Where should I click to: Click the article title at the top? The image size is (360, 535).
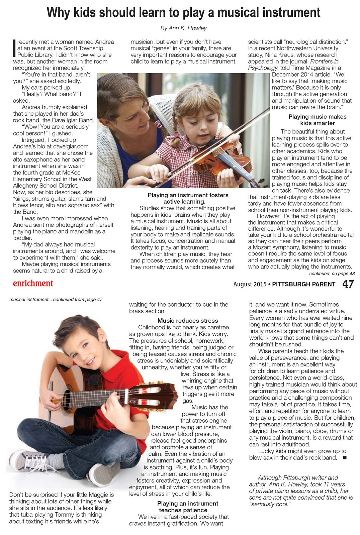click(183, 13)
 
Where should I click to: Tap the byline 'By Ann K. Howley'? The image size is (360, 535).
click(183, 28)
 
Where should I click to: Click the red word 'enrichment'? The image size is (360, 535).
click(33, 283)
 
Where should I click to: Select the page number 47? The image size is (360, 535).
click(348, 284)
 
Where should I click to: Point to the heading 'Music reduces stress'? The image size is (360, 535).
click(188, 320)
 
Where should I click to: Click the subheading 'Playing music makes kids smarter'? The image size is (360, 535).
click(317, 120)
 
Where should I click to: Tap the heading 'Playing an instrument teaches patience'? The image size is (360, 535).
click(187, 507)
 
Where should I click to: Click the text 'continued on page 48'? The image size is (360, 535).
click(332, 274)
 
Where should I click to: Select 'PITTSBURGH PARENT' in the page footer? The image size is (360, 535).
click(303, 284)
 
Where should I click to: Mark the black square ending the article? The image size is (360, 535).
click(345, 457)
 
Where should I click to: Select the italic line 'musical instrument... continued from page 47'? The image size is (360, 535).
click(56, 299)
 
